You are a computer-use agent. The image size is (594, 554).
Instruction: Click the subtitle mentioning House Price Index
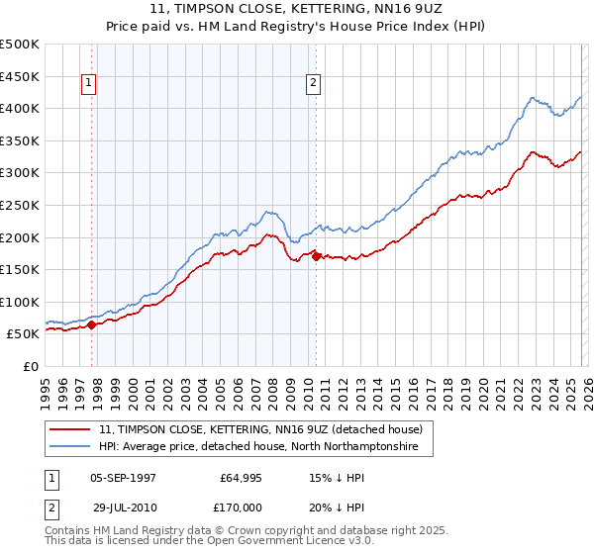297,29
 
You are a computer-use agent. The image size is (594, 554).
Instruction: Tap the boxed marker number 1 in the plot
89,84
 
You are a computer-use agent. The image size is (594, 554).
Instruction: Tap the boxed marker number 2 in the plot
313,84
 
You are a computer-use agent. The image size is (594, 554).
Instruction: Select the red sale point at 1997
92,323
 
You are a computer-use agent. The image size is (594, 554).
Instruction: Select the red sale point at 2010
316,256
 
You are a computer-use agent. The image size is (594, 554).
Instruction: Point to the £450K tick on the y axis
20,76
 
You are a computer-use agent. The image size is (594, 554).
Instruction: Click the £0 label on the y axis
31,366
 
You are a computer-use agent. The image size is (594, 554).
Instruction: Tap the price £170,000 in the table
241,508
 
